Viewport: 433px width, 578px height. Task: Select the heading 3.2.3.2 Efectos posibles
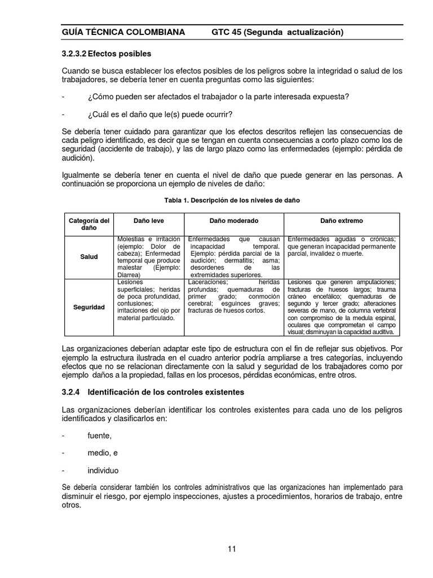(107, 54)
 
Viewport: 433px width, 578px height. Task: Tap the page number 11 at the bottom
(232, 549)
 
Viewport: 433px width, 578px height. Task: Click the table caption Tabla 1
(232, 200)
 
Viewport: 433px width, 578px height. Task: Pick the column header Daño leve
(149, 220)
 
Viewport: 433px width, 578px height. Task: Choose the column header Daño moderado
(234, 220)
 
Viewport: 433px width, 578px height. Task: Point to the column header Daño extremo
(342, 220)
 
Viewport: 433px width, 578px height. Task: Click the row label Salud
(89, 257)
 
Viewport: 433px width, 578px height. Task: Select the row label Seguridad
(89, 308)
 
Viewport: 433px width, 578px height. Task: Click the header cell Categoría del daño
(89, 224)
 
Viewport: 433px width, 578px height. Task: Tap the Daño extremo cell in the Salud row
(342, 247)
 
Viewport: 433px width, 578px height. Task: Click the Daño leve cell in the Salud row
(149, 257)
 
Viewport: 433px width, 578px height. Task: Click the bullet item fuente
(99, 435)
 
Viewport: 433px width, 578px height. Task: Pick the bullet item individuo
(103, 470)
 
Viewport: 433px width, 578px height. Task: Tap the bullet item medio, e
(103, 453)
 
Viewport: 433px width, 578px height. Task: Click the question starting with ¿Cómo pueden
(218, 97)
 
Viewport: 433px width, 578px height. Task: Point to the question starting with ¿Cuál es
(160, 114)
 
